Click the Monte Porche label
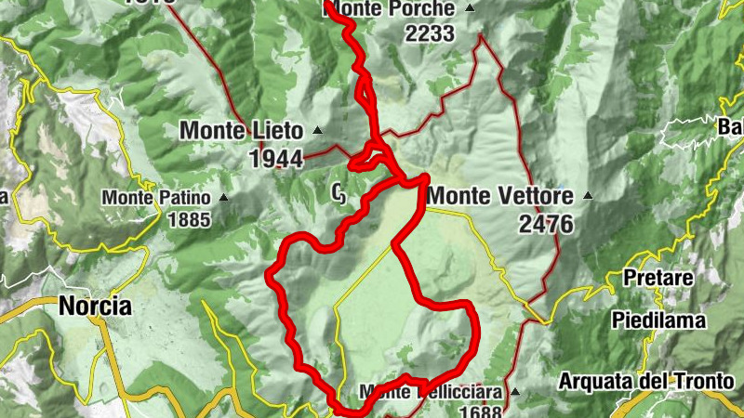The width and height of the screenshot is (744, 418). (391, 9)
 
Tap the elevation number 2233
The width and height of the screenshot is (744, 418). (429, 33)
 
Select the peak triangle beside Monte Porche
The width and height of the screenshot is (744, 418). (469, 8)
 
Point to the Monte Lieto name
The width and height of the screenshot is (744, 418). (242, 131)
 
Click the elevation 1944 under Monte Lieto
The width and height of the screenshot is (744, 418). (276, 159)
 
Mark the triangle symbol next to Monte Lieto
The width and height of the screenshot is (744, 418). (317, 130)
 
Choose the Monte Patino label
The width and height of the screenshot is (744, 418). (158, 197)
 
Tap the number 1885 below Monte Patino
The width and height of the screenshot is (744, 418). (190, 220)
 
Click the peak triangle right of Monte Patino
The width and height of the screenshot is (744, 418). (223, 197)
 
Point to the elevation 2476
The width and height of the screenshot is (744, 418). (547, 224)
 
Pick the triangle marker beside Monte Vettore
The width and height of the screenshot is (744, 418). (587, 196)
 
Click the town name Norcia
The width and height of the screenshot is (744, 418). (95, 306)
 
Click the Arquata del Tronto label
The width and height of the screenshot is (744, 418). (647, 381)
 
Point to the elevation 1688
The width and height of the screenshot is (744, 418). (480, 412)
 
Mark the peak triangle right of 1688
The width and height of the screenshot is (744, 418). (514, 392)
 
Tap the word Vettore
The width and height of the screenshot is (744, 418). (532, 196)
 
